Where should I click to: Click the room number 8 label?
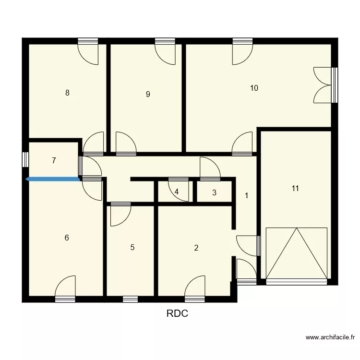click(x=68, y=93)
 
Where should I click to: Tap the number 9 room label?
click(x=148, y=94)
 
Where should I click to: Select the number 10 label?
click(x=254, y=88)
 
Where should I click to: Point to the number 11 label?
click(x=295, y=189)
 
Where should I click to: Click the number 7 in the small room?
click(x=54, y=161)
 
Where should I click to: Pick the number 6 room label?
click(x=67, y=237)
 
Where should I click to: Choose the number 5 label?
click(x=132, y=248)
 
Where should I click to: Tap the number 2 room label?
click(x=196, y=248)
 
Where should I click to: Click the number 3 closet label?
click(x=214, y=193)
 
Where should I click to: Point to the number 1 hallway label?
click(x=247, y=196)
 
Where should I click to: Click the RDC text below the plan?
click(x=177, y=314)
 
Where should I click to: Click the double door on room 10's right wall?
click(x=324, y=85)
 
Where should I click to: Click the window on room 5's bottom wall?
click(x=130, y=299)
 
